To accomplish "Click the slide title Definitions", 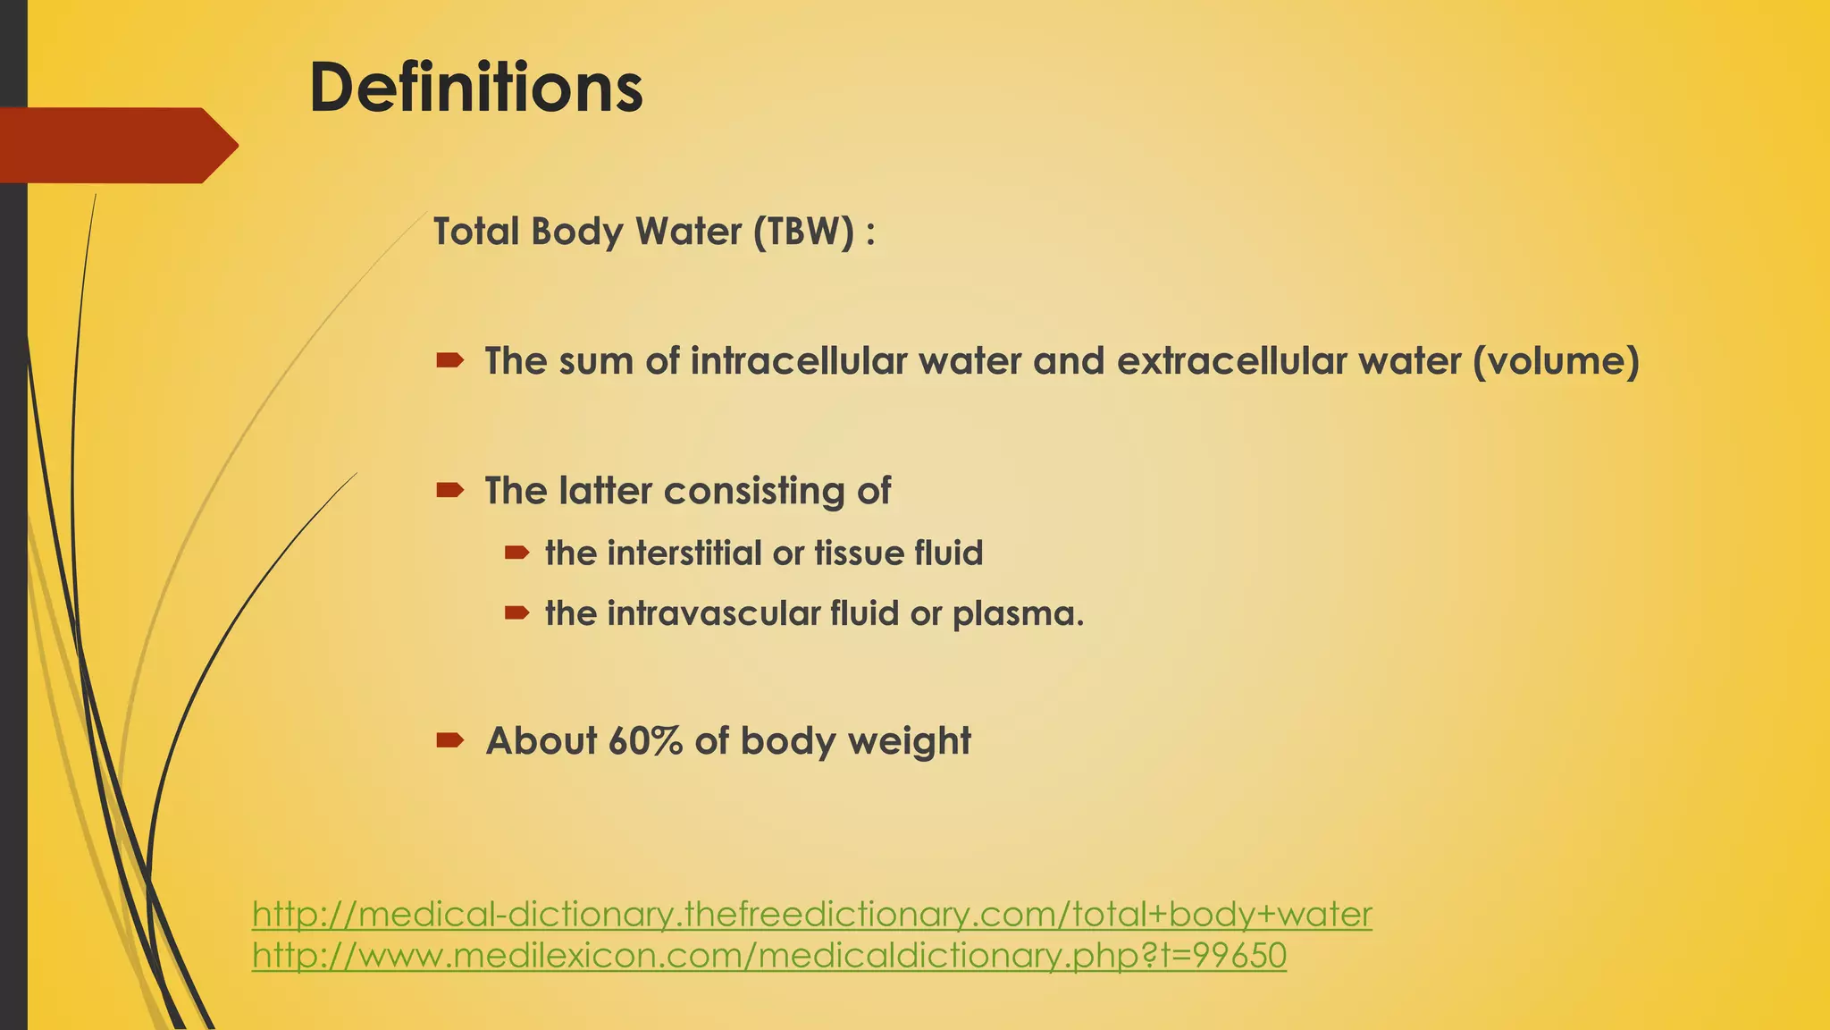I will point(475,88).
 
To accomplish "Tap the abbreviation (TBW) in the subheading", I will point(803,232).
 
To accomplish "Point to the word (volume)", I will point(1556,361).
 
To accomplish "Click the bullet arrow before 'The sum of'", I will point(449,360).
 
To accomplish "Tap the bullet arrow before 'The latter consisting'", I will point(449,490).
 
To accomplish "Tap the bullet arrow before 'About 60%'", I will point(449,740).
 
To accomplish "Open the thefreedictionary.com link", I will point(811,915).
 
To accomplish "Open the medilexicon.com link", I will point(768,956).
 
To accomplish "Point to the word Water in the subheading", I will point(688,232).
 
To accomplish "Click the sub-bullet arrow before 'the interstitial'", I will point(516,553).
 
